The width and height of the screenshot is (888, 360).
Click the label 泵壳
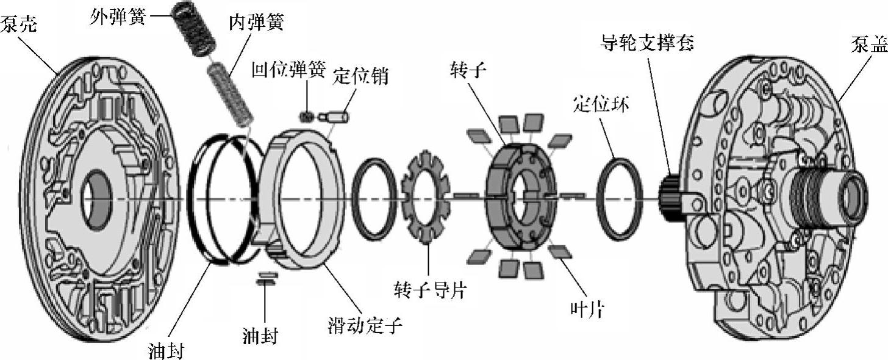pos(19,25)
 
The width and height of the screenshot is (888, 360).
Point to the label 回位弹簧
pos(289,72)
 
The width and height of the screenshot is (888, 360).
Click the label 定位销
pos(360,77)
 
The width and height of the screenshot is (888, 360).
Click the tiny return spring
pos(307,115)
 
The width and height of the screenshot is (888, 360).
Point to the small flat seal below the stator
pos(267,279)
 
